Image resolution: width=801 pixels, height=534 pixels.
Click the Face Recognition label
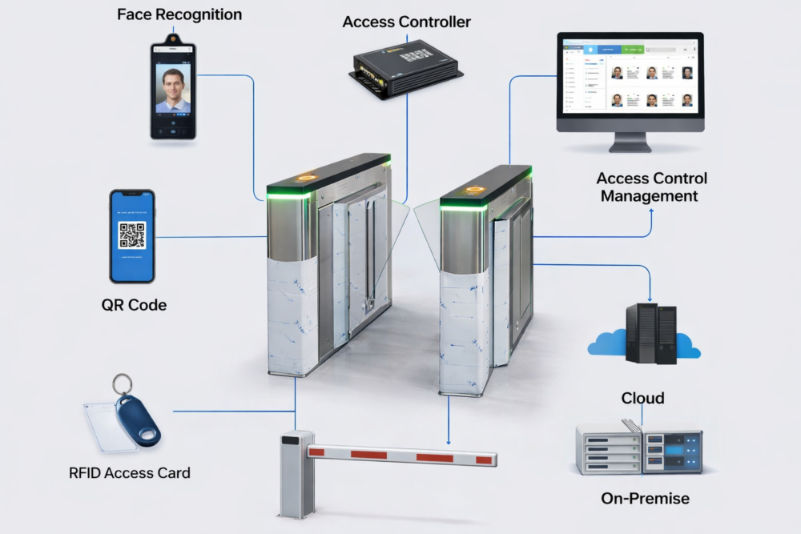coord(179,14)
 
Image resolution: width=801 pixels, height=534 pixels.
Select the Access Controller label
coord(406,22)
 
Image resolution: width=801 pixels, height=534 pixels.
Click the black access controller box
coord(405,64)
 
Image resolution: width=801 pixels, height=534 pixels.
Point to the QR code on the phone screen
coord(132,235)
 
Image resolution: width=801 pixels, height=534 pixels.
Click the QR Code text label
coord(134,305)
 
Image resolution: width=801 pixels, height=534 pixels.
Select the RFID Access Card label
coord(130,473)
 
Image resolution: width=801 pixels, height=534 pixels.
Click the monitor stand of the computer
coord(630,142)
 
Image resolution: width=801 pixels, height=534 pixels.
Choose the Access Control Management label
coord(651,187)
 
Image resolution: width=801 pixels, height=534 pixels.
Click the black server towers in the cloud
coord(651,334)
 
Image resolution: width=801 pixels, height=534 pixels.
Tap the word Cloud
coord(642,399)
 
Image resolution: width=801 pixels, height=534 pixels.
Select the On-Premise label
coord(645,499)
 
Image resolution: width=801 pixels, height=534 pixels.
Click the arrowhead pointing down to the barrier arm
coord(449,440)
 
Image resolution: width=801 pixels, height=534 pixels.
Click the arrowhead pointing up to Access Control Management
coord(651,211)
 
